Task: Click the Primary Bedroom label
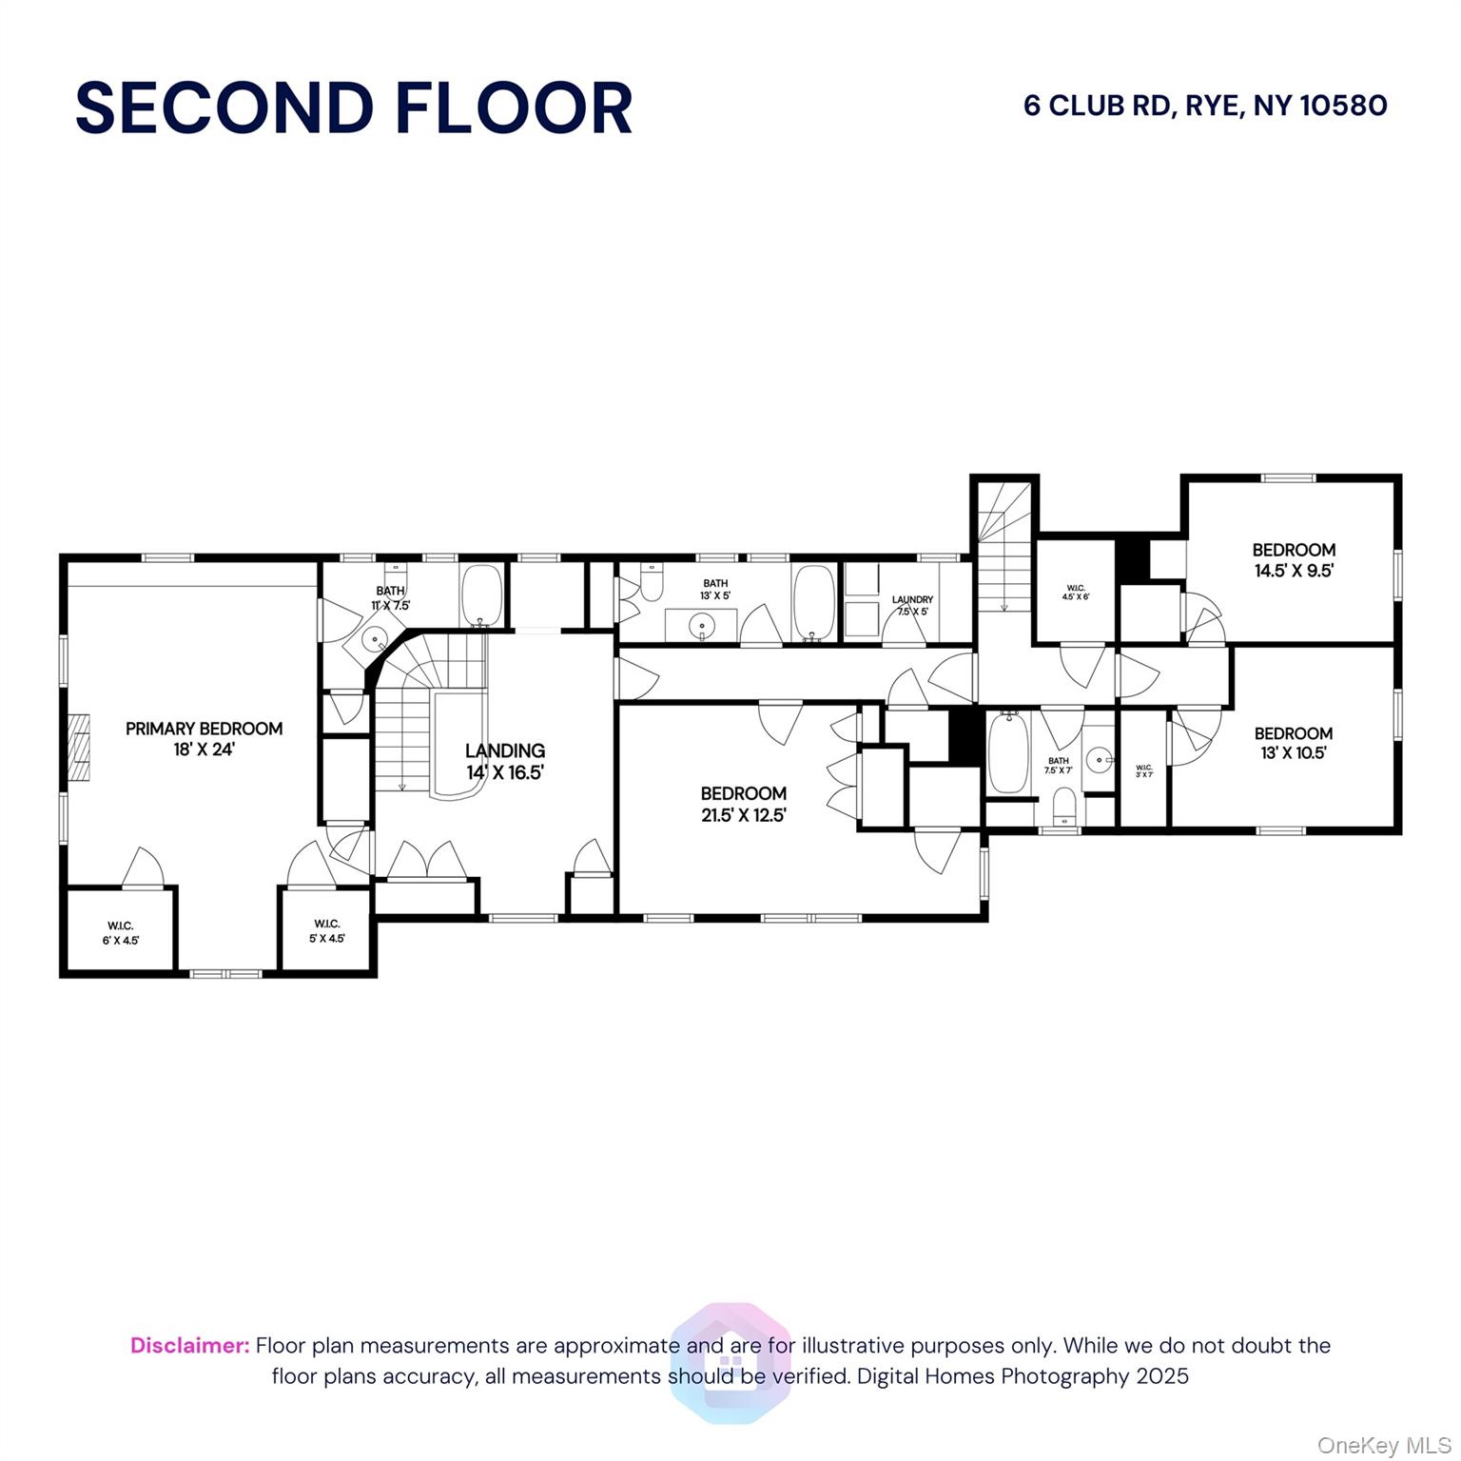click(204, 739)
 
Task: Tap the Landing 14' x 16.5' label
click(505, 761)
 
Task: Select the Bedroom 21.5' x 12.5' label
click(744, 804)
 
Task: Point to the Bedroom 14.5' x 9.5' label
click(1294, 560)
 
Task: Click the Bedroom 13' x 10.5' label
click(1294, 743)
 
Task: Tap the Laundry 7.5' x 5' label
click(912, 606)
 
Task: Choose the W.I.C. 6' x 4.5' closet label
click(121, 932)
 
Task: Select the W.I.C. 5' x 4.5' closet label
click(326, 930)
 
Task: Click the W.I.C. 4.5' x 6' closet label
click(1075, 592)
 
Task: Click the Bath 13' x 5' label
click(715, 589)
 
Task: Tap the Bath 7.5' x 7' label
click(1058, 765)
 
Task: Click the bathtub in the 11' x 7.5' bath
click(481, 594)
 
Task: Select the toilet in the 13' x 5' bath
click(652, 582)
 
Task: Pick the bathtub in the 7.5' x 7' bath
click(1007, 753)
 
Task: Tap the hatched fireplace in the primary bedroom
click(80, 749)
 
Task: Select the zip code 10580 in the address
click(1343, 105)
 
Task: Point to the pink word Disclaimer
click(189, 1345)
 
